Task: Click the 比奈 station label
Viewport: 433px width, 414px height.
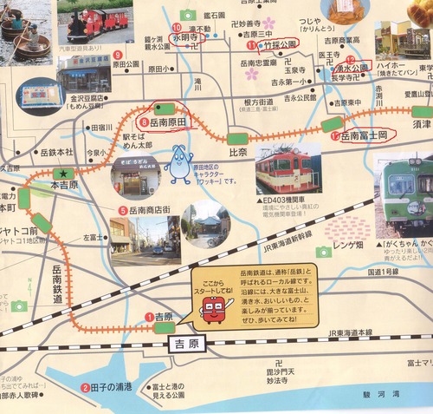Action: (238, 152)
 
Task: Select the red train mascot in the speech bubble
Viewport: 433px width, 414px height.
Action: (215, 308)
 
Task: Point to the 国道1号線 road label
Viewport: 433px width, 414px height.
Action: (387, 273)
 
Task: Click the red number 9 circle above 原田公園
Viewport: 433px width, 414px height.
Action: (116, 55)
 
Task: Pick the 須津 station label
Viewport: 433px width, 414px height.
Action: (422, 125)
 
